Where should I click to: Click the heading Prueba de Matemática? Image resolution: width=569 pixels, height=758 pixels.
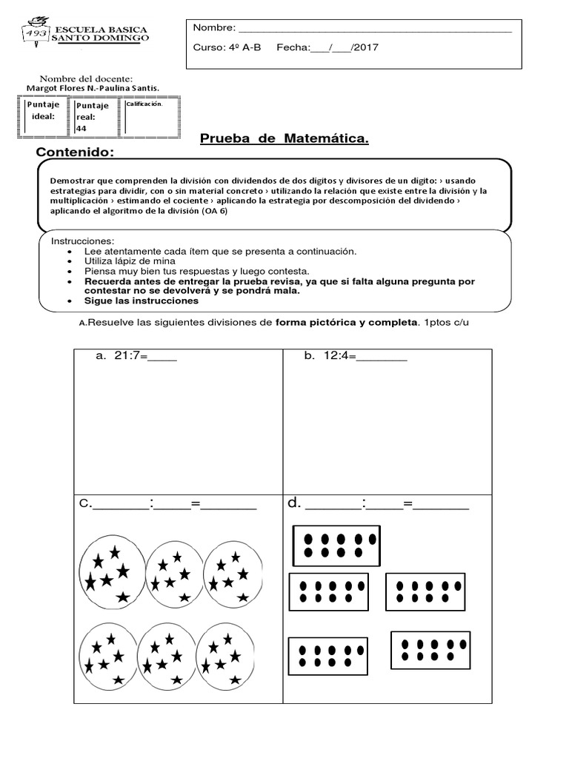click(284, 139)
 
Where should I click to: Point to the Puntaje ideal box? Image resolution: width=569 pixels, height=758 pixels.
click(42, 117)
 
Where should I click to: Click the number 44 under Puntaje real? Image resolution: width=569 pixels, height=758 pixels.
click(81, 127)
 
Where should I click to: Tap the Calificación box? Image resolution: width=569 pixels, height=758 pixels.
click(151, 117)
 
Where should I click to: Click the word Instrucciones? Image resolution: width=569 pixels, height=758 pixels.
click(82, 242)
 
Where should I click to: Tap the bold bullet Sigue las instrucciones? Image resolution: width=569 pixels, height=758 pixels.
click(142, 301)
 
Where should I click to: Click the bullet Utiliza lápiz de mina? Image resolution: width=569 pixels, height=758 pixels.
click(130, 261)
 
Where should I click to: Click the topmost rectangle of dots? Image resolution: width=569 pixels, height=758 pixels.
click(336, 546)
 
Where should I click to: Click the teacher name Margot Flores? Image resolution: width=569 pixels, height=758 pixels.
click(59, 89)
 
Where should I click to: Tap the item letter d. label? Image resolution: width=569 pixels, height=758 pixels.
click(294, 504)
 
